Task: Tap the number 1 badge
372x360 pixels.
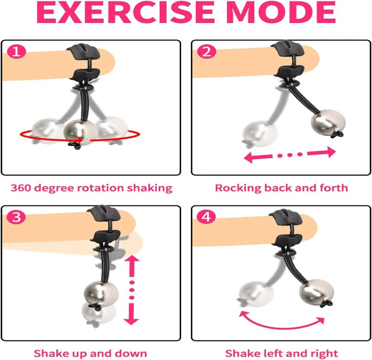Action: pos(16,51)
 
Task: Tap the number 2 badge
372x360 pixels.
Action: pos(206,51)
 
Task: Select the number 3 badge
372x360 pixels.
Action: pos(16,217)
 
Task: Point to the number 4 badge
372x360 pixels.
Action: pos(206,217)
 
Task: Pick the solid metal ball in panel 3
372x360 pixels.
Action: pos(101,294)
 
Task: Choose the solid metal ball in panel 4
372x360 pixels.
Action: pos(317,292)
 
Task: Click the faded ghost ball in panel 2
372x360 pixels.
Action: pos(260,133)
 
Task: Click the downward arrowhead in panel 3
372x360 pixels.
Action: pos(131,319)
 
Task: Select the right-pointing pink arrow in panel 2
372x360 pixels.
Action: pos(322,152)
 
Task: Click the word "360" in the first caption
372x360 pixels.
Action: pos(20,188)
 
